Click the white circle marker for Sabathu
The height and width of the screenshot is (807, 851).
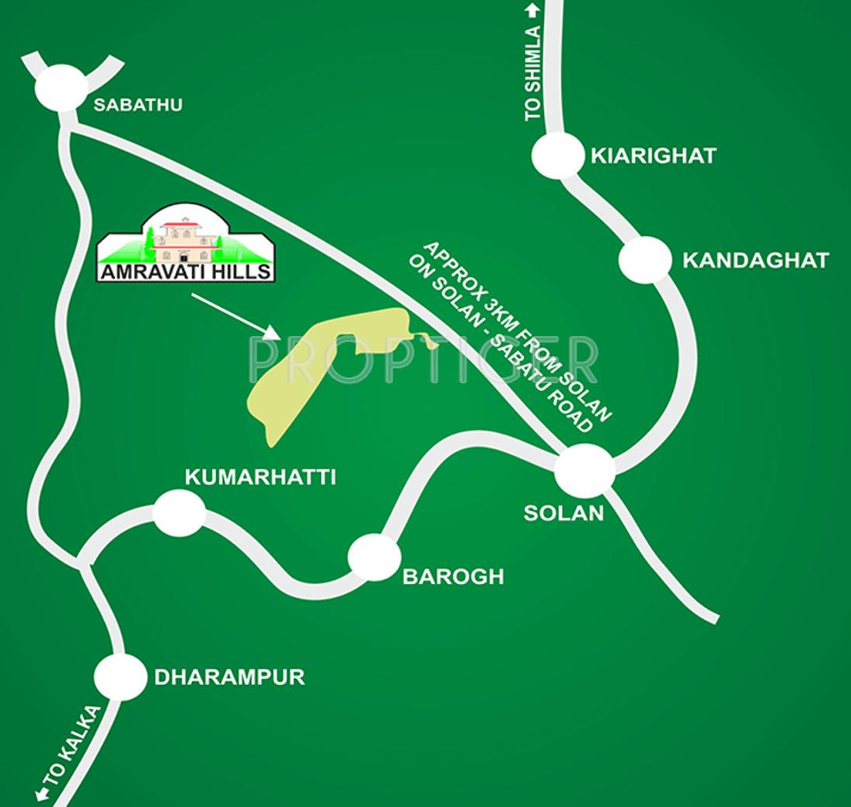pos(61,87)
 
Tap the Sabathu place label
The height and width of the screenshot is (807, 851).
pos(138,104)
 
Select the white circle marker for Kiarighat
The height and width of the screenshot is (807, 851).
pos(557,155)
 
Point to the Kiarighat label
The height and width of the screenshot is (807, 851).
pos(653,155)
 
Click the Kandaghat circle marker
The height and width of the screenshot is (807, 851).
pos(645,260)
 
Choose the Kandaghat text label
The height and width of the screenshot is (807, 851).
pos(755,260)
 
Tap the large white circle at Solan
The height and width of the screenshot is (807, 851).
pos(584,470)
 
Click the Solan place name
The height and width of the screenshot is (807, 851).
pos(563,513)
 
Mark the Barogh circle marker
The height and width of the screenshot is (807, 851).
pos(375,557)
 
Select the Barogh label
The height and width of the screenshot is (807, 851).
pos(452,576)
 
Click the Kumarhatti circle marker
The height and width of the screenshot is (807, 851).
pos(180,513)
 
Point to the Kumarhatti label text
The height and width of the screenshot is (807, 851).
pos(260,477)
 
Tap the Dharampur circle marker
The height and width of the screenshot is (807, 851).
pos(120,676)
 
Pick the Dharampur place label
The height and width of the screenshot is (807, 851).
pos(229,676)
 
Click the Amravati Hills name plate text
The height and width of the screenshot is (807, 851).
pos(186,272)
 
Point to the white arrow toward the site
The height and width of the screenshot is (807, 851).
pos(235,316)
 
